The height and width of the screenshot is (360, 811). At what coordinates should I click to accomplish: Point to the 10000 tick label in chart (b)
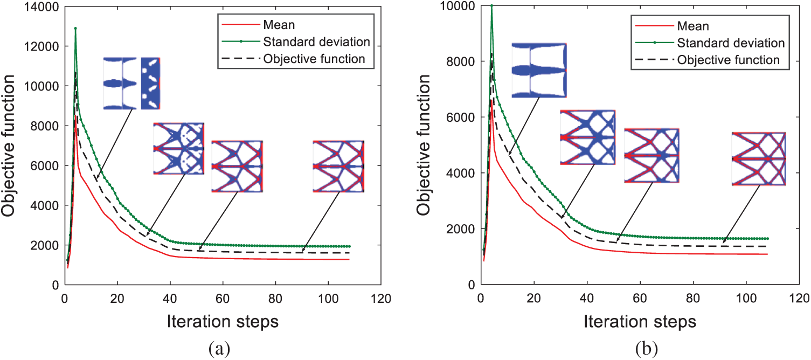click(x=460, y=6)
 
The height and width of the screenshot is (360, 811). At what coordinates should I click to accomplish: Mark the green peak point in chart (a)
click(x=75, y=28)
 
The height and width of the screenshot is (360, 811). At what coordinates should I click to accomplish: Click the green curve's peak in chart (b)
click(x=491, y=5)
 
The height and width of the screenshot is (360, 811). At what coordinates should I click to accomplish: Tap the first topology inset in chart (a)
click(x=132, y=84)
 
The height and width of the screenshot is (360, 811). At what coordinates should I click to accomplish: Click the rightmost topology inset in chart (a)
click(x=338, y=166)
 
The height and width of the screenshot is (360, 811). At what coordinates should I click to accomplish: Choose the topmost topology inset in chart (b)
click(x=539, y=70)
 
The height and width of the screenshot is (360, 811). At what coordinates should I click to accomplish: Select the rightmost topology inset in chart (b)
click(x=758, y=159)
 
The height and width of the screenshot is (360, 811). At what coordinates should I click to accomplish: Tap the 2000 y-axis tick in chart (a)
click(x=47, y=245)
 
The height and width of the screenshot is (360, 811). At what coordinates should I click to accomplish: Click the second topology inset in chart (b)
click(x=587, y=137)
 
